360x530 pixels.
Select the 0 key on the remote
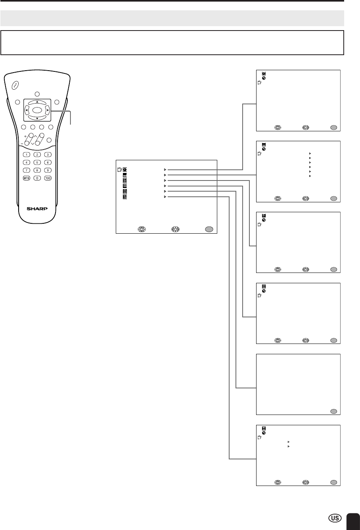pyautogui.click(x=37, y=179)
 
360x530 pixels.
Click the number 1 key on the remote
pyautogui.click(x=26, y=155)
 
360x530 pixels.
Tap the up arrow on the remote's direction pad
pyautogui.click(x=37, y=102)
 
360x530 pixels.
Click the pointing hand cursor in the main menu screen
pyautogui.click(x=119, y=169)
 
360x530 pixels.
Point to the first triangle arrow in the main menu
pyautogui.click(x=165, y=169)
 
